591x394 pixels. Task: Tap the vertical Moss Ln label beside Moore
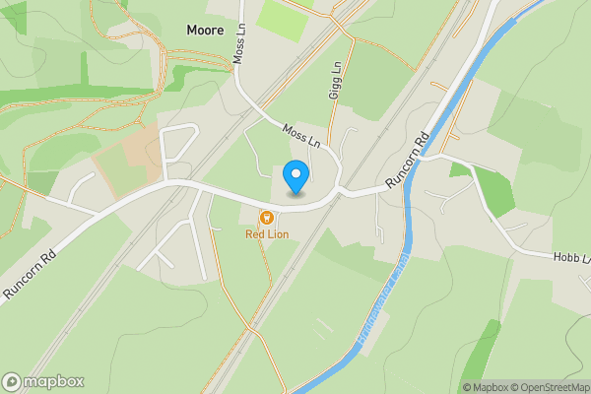pos(238,44)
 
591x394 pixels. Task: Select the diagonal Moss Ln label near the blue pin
pos(302,136)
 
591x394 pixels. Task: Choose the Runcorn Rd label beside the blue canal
pos(408,161)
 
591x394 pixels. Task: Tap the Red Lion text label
pos(266,234)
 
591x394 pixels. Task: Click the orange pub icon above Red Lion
pos(265,218)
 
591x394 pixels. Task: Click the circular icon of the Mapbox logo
pos(12,382)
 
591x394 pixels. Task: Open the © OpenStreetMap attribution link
pos(551,387)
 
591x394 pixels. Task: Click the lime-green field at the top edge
pos(284,21)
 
